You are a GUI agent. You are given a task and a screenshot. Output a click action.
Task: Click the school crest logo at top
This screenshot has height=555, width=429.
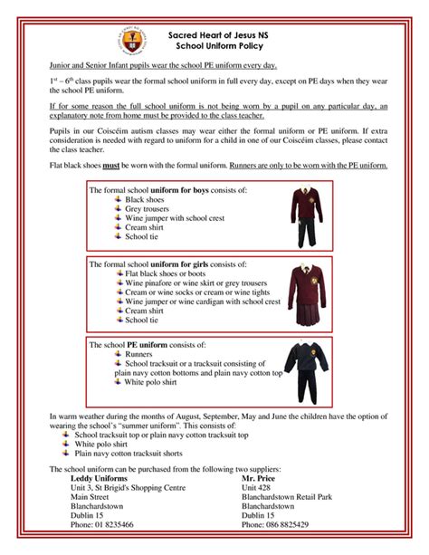tap(127, 39)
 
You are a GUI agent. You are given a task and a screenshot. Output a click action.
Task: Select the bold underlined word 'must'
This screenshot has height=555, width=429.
tap(114, 166)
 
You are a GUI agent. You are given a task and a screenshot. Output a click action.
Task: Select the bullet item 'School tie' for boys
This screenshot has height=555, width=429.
tap(142, 236)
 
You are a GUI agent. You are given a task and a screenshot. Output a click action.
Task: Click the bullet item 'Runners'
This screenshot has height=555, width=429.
tap(139, 355)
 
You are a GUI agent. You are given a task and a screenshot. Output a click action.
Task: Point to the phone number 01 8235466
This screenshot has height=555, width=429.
tap(102, 524)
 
